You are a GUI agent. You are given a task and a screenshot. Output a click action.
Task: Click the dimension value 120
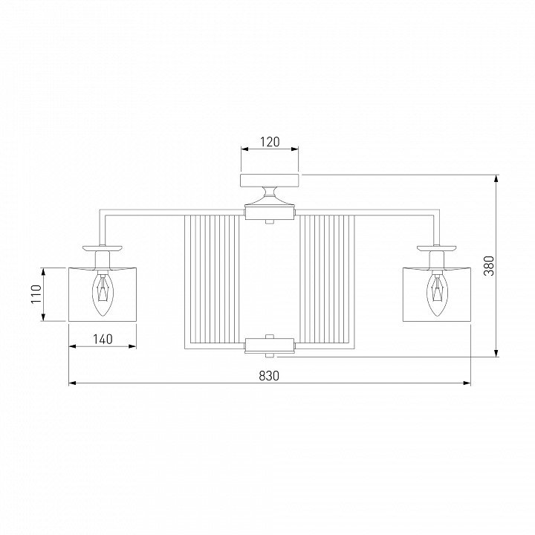pos(270,142)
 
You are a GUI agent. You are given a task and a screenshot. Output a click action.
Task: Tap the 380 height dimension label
pos(489,266)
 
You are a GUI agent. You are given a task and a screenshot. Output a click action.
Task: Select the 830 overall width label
pos(269,376)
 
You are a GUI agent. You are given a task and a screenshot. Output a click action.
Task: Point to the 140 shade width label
pos(103,339)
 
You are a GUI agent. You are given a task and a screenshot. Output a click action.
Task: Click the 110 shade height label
pos(36,294)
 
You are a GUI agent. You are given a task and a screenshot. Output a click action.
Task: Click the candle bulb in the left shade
pos(103,294)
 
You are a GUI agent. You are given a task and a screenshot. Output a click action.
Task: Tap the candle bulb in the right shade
pos(437,294)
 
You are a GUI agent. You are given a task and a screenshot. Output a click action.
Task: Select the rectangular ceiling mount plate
pos(270,181)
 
